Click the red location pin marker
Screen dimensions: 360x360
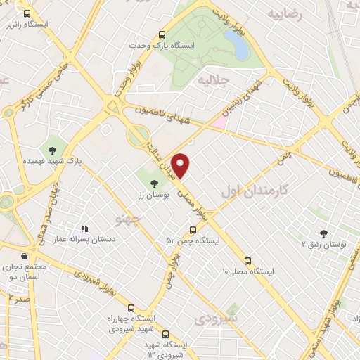[x=181, y=165]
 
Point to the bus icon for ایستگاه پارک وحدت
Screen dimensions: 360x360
[x=162, y=34]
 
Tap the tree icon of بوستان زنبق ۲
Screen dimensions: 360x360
[x=324, y=232]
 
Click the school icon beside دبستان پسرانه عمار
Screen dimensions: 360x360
[x=84, y=228]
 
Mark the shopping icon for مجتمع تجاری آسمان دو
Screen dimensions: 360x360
[x=26, y=256]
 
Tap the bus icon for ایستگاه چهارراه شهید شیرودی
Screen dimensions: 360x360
[x=131, y=308]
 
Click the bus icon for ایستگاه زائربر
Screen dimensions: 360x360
[x=26, y=13]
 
